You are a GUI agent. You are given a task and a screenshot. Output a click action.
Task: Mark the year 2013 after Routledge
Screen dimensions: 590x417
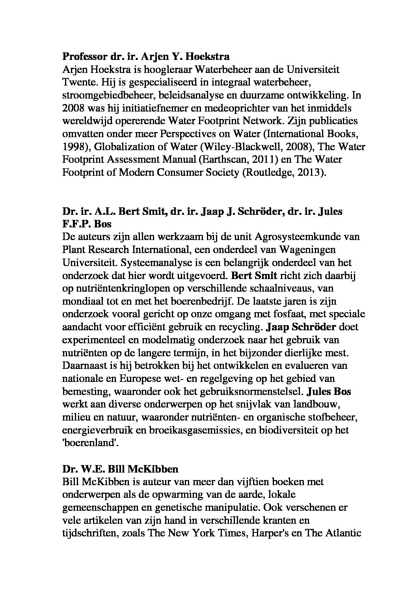[x=312, y=173]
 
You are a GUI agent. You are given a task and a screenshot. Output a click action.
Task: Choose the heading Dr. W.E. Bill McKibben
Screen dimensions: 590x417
[x=120, y=469]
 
